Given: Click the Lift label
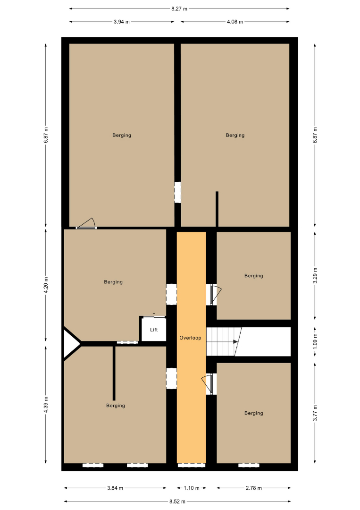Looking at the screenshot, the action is coord(154,330).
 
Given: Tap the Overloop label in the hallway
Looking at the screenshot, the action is coord(191,338).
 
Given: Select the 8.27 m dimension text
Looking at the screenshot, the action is coord(179,9).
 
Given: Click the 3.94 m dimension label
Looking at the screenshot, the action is coord(122,22).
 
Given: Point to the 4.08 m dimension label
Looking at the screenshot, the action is coord(235,22).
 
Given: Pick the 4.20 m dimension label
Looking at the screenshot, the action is coord(46,285).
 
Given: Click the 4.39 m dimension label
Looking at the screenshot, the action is coord(46,405).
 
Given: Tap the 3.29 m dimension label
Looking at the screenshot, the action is coord(315,275).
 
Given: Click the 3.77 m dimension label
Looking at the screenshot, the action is coord(315,413).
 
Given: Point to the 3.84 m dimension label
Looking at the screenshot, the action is coord(115,488).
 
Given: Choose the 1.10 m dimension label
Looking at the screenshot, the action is coord(192,488).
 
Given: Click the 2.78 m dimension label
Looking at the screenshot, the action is coord(253,488).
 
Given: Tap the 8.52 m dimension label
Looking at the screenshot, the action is coord(177,501).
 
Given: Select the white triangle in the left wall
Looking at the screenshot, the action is coord(70,343).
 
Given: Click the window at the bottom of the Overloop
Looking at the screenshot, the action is coord(192,465).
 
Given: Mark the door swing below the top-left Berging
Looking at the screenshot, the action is coord(86,223).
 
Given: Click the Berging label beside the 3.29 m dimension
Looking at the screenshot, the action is coord(254,276).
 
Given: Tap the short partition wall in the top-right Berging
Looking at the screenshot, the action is coord(217,209).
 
